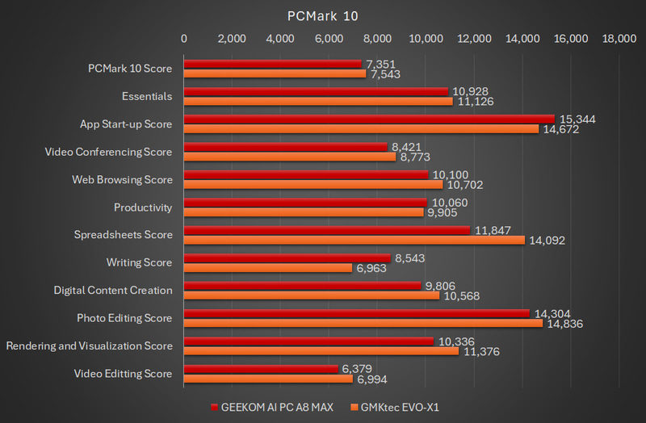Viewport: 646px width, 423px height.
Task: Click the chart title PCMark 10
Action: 323,15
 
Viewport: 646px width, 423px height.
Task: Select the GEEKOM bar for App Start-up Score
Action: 369,119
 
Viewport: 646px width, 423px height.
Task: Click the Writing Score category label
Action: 139,262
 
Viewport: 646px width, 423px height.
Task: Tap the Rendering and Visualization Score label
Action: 89,346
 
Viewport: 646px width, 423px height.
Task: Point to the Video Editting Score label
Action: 123,374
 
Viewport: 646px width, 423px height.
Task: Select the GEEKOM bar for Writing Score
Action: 287,258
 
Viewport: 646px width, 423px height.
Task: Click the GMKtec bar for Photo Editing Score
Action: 363,323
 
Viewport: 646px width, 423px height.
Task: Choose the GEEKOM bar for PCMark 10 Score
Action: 272,64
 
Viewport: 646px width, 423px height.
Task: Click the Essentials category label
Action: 147,96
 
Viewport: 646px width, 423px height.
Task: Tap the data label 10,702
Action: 464,184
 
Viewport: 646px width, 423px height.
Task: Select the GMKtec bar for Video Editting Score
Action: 268,379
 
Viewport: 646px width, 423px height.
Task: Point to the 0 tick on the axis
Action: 184,38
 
